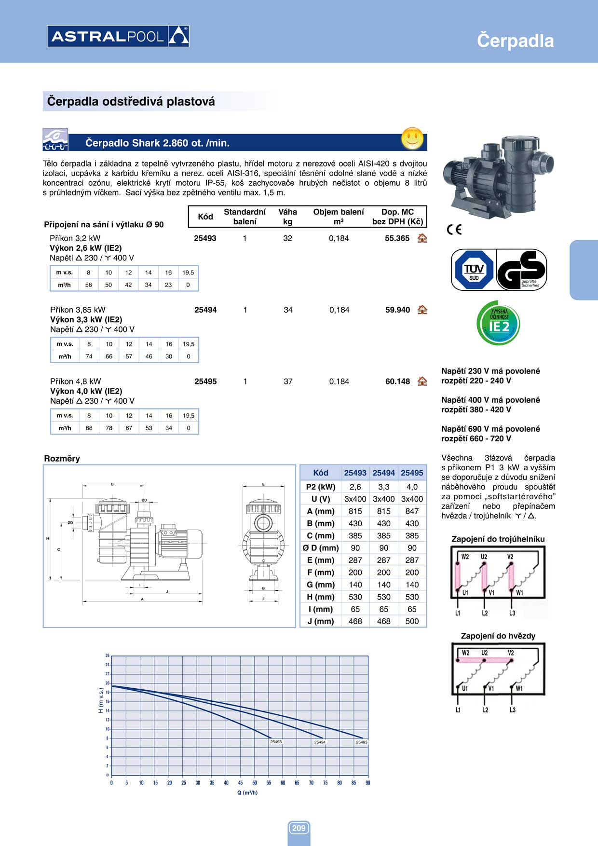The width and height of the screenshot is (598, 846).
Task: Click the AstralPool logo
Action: pos(118,36)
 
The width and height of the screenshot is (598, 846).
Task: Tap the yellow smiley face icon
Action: pos(412,138)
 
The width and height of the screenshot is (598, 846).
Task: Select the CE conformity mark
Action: pos(454,230)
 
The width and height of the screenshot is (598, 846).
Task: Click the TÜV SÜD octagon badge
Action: pos(474,270)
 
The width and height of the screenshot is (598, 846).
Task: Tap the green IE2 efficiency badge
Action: pos(499,324)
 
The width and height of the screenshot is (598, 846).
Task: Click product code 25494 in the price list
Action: pos(205,310)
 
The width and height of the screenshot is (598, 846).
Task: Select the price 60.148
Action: pos(397,382)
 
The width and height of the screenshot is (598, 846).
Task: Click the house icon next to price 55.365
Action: pos(422,238)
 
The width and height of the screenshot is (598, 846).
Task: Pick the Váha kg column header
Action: pos(287,217)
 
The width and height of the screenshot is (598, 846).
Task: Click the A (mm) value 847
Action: pos(412,511)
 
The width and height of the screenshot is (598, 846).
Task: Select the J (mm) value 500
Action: pos(412,621)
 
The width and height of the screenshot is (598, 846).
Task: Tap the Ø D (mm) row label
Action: pos(321,548)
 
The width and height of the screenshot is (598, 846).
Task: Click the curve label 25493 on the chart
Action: pos(276,742)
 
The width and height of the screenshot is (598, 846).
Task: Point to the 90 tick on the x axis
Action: pos(368,783)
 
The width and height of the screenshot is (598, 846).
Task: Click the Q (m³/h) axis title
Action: pos(247,792)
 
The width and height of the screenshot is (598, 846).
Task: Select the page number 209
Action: pos(299,828)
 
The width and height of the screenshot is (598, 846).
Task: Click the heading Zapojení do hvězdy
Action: pos(498,636)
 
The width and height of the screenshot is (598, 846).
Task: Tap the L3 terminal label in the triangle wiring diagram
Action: pos(512,613)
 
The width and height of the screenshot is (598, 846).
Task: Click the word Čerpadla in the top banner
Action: pos(515,41)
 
